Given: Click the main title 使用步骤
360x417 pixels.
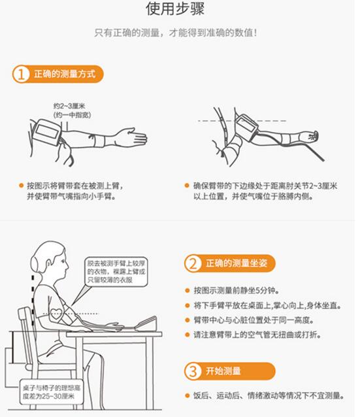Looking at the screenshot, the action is click(x=175, y=8).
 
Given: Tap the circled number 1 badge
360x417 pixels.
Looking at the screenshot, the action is click(x=21, y=74).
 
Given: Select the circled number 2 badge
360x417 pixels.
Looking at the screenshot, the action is click(x=193, y=263).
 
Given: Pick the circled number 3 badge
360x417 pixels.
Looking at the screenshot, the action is click(x=193, y=371).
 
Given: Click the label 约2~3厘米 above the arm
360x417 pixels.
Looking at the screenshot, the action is click(x=69, y=106).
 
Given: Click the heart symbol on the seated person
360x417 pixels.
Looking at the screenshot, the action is click(x=56, y=314).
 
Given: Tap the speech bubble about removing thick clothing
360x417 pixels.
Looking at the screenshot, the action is click(x=116, y=272).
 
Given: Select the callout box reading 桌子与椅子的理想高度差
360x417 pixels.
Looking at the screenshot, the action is click(x=52, y=392).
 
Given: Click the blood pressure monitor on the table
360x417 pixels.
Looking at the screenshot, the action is click(x=146, y=324).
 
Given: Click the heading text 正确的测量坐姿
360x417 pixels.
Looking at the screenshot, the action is click(x=237, y=263).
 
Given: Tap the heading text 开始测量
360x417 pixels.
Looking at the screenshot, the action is click(x=223, y=371).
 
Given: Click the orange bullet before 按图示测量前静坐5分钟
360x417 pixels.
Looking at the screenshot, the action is click(x=187, y=290).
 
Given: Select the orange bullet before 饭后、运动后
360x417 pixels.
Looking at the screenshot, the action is click(x=187, y=395).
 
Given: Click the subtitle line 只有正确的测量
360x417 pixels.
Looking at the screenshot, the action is click(x=176, y=33).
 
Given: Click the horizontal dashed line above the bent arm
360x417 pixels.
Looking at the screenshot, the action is click(x=242, y=121).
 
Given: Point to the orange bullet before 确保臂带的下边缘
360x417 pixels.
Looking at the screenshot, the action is click(x=187, y=186).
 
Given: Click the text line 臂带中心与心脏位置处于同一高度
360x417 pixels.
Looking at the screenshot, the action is click(x=254, y=320).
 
